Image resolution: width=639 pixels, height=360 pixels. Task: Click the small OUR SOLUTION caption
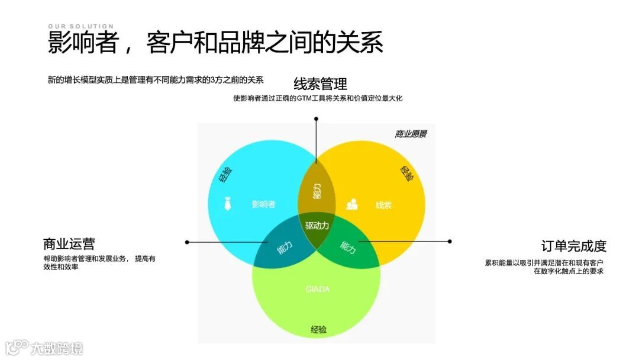pos(80,26)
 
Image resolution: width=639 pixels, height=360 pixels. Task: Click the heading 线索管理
pos(320,83)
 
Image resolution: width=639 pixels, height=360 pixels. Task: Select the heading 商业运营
pos(69,244)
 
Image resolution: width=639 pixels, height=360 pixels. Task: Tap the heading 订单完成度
pos(574,246)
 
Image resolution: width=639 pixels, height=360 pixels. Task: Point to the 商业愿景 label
pos(411,134)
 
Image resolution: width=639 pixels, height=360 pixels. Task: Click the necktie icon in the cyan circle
pos(228,204)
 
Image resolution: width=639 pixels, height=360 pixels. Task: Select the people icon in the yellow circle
pos(352,204)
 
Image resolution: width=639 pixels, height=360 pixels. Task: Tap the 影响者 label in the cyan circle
pos(263,205)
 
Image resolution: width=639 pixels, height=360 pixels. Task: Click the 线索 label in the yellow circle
pos(383,205)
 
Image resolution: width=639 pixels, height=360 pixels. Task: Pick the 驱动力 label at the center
pos(317,226)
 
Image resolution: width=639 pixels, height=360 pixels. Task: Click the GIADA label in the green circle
pos(317,289)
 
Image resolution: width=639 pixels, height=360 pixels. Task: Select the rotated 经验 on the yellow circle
pos(407,173)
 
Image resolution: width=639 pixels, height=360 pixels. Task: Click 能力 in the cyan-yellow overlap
pos(317,191)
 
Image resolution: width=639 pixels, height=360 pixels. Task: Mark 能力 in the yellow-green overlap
pos(348,248)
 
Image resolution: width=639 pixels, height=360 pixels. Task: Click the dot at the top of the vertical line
pos(316,119)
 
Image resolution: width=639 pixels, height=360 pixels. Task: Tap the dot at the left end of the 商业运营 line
pos(187,242)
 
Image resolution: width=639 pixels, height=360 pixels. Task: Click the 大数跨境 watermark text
pos(57,348)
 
